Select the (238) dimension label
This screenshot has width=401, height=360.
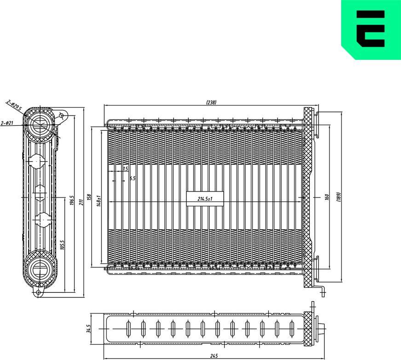tap(211, 102)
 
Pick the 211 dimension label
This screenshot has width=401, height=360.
tap(81, 202)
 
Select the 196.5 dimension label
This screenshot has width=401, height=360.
tap(71, 202)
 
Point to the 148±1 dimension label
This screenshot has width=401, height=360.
tap(99, 201)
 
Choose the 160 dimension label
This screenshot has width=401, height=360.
tap(326, 197)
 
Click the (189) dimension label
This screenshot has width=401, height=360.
tap(338, 197)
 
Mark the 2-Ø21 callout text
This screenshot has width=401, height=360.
tap(7, 123)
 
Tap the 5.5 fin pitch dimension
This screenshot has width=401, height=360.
tap(133, 178)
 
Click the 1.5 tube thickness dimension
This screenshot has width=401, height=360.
tap(125, 169)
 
